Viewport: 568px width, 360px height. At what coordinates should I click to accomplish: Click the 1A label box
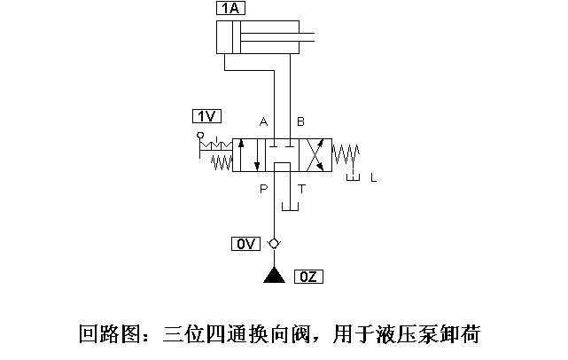230,9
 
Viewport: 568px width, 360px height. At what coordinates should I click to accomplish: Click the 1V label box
206,115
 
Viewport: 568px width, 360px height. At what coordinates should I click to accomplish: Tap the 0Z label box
309,277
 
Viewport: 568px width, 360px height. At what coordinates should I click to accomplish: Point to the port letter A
263,121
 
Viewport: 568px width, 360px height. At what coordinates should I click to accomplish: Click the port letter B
300,121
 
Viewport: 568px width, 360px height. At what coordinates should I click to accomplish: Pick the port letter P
263,188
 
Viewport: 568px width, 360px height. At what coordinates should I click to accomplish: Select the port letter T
301,188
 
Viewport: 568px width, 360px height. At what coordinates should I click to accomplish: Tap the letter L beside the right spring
373,178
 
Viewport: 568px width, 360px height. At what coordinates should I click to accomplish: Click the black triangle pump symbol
274,276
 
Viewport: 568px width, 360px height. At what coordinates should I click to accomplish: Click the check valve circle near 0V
274,244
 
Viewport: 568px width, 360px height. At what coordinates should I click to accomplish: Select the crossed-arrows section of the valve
315,155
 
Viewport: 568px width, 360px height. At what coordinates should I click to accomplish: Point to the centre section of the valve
283,155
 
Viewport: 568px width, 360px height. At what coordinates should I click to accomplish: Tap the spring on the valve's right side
346,157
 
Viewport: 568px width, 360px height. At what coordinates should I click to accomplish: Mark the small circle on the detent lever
200,135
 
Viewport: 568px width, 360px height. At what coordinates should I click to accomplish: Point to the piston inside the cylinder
235,38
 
